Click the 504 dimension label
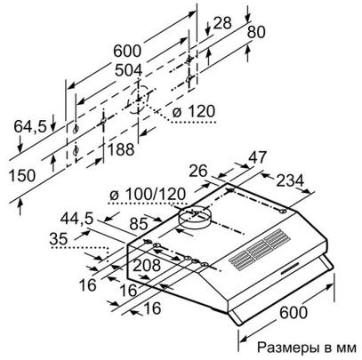(x=129, y=70)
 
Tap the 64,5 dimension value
(x=30, y=126)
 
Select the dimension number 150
(x=22, y=175)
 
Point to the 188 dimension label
(x=121, y=149)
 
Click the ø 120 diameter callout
(x=193, y=112)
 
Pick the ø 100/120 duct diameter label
(x=148, y=195)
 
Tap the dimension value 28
(x=222, y=23)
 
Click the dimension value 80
(x=256, y=32)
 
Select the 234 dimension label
(x=290, y=180)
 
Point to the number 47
(x=258, y=157)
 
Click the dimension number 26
(x=197, y=171)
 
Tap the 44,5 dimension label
(x=76, y=219)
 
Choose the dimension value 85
(x=139, y=224)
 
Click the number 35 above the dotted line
(x=59, y=239)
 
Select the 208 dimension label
(x=147, y=265)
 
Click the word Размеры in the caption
(x=287, y=348)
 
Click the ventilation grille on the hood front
(x=260, y=250)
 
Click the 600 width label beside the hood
(x=294, y=312)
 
